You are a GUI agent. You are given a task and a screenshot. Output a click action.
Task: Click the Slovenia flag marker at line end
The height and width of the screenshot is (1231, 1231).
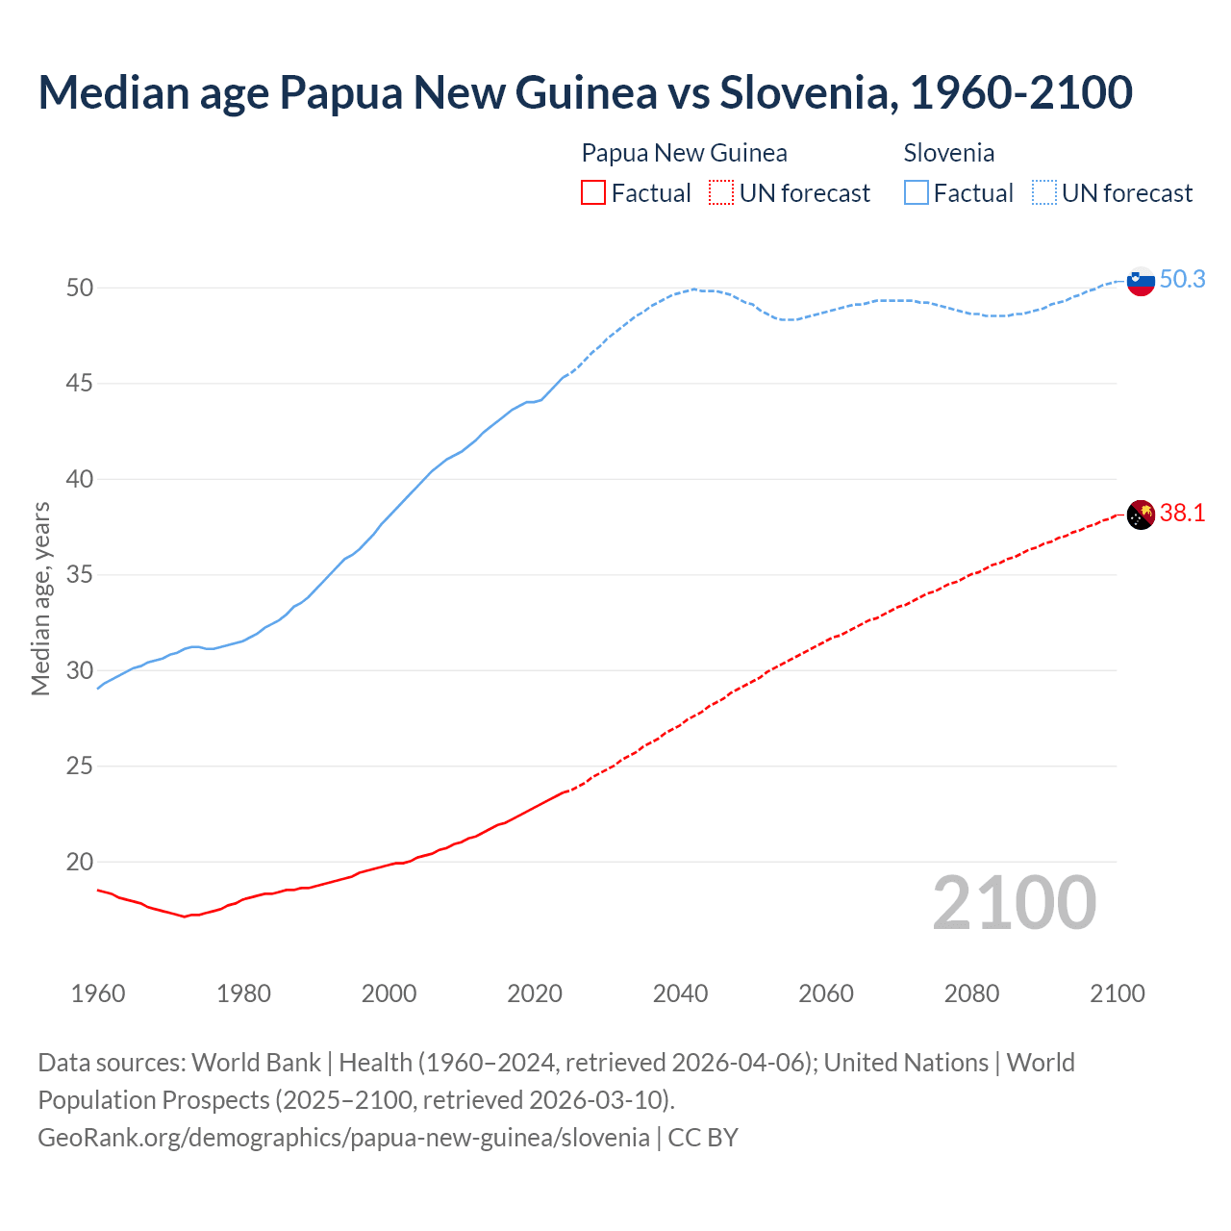[1141, 281]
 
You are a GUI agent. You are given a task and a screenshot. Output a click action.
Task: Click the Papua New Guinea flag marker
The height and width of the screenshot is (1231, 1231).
[1141, 515]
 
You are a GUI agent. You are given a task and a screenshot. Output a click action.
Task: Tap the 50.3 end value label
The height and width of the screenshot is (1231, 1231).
[1182, 279]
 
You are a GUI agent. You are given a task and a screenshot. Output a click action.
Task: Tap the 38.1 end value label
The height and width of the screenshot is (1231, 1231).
[1182, 513]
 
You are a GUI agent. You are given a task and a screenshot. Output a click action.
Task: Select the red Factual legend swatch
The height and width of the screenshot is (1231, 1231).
[593, 193]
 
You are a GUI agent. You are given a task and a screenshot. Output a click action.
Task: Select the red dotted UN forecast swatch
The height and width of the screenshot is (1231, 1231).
[721, 193]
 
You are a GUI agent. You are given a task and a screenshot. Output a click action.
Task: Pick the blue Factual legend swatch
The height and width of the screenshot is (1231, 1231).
[917, 193]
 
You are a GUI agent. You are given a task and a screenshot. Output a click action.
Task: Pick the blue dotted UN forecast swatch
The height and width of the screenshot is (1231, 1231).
[1044, 193]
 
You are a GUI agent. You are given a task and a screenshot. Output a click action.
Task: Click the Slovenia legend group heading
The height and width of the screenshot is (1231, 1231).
[948, 153]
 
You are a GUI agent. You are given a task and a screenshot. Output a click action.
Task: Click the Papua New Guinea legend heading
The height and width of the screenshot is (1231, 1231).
[684, 153]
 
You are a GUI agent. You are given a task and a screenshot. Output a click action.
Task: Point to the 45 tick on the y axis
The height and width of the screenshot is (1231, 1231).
[80, 384]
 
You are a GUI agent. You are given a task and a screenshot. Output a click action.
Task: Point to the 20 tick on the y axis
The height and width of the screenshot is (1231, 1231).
[80, 862]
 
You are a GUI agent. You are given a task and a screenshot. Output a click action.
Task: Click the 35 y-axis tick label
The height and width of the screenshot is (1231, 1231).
[80, 575]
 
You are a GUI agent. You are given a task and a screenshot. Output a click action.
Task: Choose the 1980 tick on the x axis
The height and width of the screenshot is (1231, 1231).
[243, 993]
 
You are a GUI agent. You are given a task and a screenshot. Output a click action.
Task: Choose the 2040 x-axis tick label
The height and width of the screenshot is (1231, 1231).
[680, 993]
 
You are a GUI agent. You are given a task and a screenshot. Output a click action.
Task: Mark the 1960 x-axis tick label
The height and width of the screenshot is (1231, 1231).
[98, 993]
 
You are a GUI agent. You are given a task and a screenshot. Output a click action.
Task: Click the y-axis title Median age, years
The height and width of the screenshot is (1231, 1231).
[40, 598]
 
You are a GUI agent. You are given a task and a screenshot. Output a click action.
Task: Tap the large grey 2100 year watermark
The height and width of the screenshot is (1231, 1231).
[1014, 903]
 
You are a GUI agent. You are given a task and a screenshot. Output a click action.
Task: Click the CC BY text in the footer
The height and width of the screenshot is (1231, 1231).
[703, 1138]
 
